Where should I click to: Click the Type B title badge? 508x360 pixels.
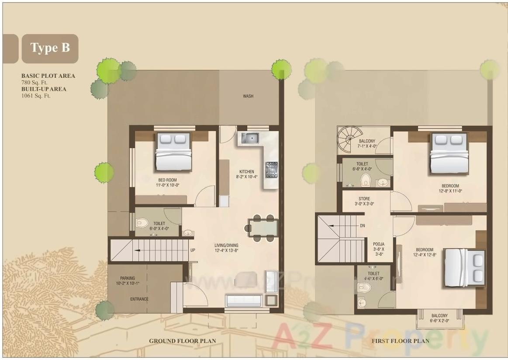click(x=50, y=48)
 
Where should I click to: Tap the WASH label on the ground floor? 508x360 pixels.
click(x=248, y=96)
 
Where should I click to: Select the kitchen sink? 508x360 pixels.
click(x=249, y=139)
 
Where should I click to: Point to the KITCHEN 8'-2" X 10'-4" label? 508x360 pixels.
click(x=247, y=174)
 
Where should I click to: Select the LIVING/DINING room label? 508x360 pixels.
click(x=226, y=248)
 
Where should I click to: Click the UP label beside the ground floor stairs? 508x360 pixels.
click(x=193, y=250)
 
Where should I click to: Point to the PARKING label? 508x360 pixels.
click(x=128, y=280)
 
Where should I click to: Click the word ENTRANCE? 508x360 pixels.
click(x=139, y=299)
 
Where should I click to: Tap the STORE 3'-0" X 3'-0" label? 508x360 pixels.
click(x=364, y=201)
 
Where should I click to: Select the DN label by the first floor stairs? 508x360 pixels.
click(x=362, y=226)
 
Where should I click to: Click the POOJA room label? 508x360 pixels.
click(x=378, y=249)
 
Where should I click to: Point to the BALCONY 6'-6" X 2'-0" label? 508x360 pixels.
click(x=439, y=318)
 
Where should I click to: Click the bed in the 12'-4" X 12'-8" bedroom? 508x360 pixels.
click(x=464, y=268)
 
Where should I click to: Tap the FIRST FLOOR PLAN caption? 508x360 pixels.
click(x=400, y=341)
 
